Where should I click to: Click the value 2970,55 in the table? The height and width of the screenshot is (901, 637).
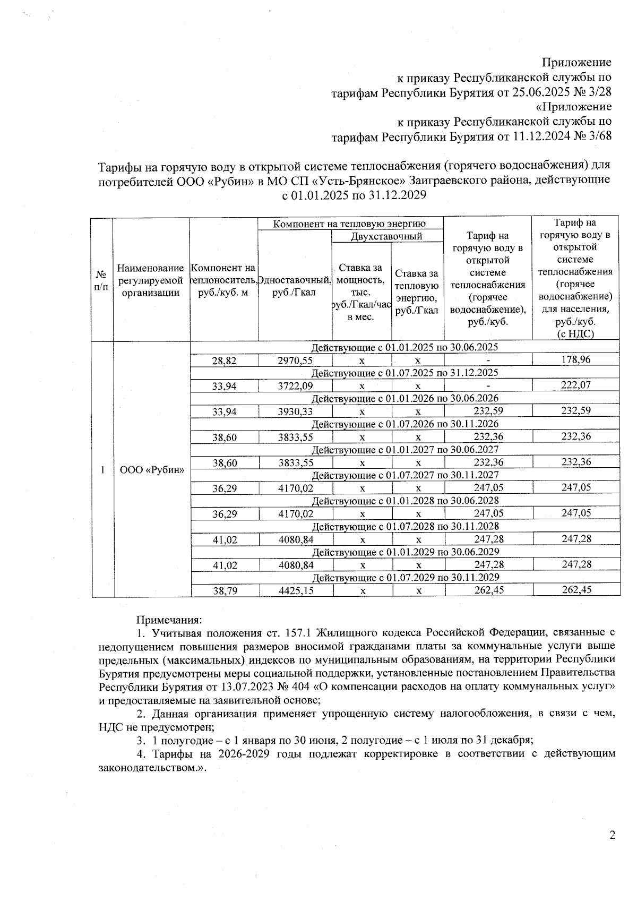pyautogui.click(x=295, y=360)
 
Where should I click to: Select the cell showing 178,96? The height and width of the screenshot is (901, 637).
pyautogui.click(x=576, y=359)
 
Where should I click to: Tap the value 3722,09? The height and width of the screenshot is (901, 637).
pyautogui.click(x=295, y=386)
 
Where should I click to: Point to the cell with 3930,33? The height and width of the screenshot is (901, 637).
pyautogui.click(x=295, y=411)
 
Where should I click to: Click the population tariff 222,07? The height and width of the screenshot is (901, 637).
pyautogui.click(x=576, y=385)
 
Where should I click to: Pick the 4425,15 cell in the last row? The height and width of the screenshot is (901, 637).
pyautogui.click(x=296, y=590)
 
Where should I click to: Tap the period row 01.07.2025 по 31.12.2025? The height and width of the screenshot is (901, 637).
pyautogui.click(x=404, y=373)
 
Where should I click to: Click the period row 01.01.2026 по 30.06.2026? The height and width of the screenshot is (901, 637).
pyautogui.click(x=404, y=398)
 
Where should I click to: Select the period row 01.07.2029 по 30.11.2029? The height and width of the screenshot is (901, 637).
pyautogui.click(x=404, y=577)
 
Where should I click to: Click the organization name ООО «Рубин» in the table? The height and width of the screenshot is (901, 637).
pyautogui.click(x=151, y=469)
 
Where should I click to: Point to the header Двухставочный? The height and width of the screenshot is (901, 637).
pyautogui.click(x=387, y=236)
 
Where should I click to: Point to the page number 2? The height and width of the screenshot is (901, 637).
pyautogui.click(x=612, y=836)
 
